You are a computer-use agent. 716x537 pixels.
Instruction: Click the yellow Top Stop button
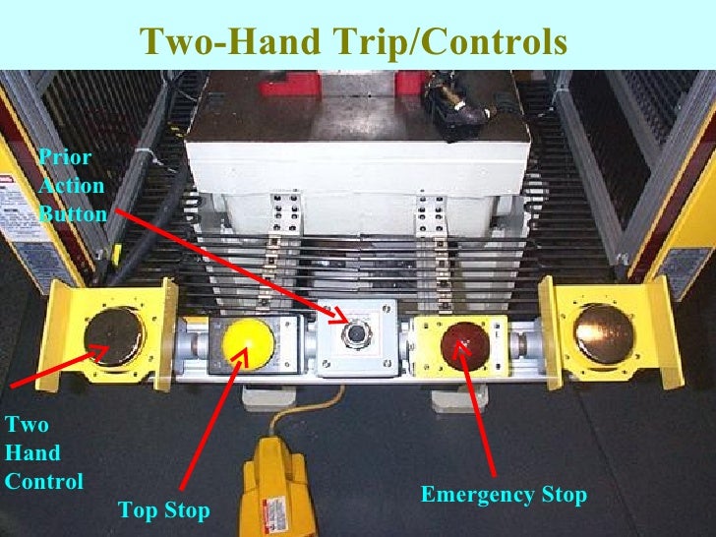coord(248,341)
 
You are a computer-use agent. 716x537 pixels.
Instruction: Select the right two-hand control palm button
coord(602,331)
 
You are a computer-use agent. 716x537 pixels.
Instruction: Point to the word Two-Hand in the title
coord(227,42)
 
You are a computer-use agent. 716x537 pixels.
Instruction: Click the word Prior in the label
coord(58,157)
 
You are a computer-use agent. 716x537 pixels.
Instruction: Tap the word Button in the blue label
coord(72,212)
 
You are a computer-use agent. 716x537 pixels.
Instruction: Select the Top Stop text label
coord(163,509)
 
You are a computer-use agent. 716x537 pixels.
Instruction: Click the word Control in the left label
coord(43,482)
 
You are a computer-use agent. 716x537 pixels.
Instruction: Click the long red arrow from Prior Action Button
coord(226,262)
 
